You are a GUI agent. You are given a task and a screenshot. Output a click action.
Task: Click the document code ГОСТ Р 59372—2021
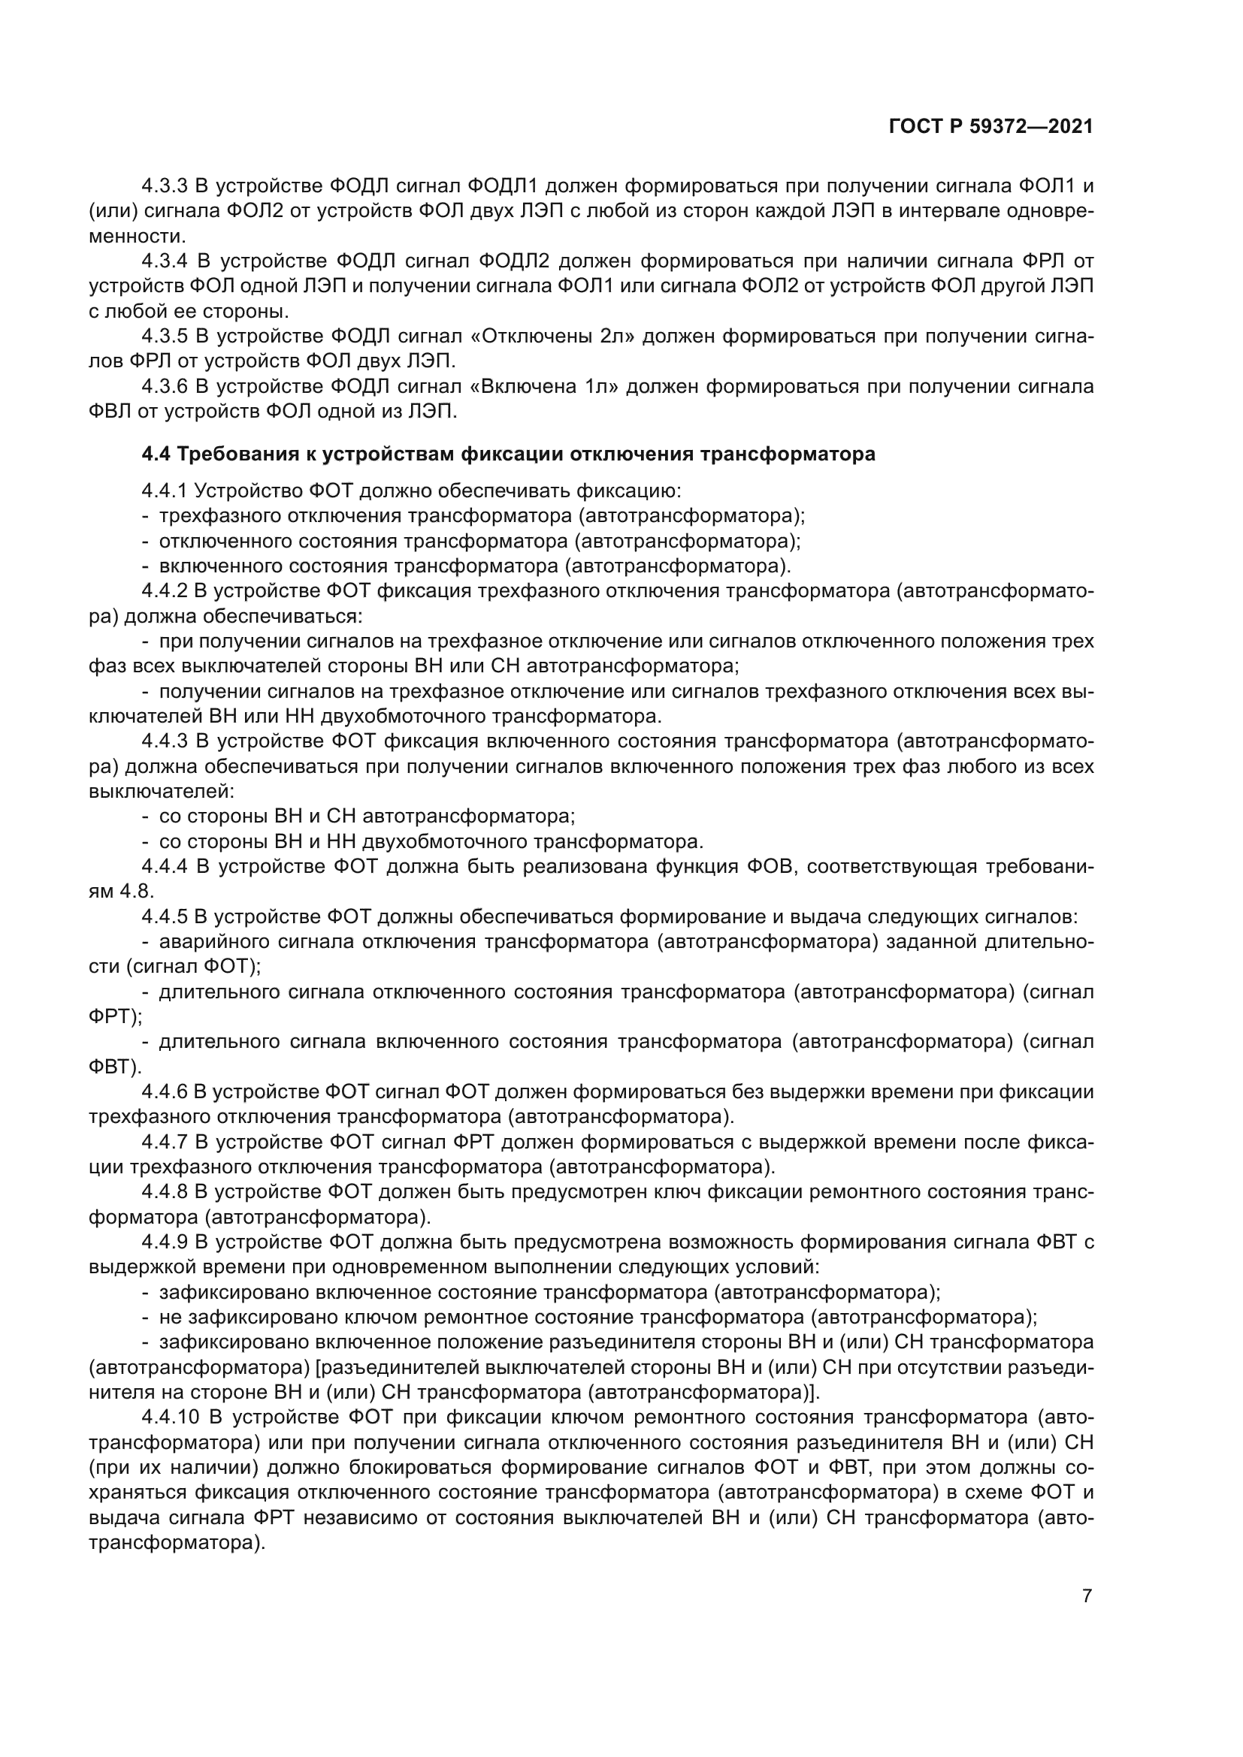[990, 127]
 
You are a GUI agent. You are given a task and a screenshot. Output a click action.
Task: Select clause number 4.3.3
[165, 186]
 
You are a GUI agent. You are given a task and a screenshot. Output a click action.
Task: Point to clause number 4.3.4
[165, 261]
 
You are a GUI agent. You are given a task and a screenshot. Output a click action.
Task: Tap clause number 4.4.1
[165, 491]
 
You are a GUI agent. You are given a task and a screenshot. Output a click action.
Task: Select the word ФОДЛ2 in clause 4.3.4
[514, 261]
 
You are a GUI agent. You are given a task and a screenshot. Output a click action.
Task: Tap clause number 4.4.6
[165, 1092]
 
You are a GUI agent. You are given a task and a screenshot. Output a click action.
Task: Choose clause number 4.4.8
[165, 1192]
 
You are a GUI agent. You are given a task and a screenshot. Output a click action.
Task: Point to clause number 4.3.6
[165, 387]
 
